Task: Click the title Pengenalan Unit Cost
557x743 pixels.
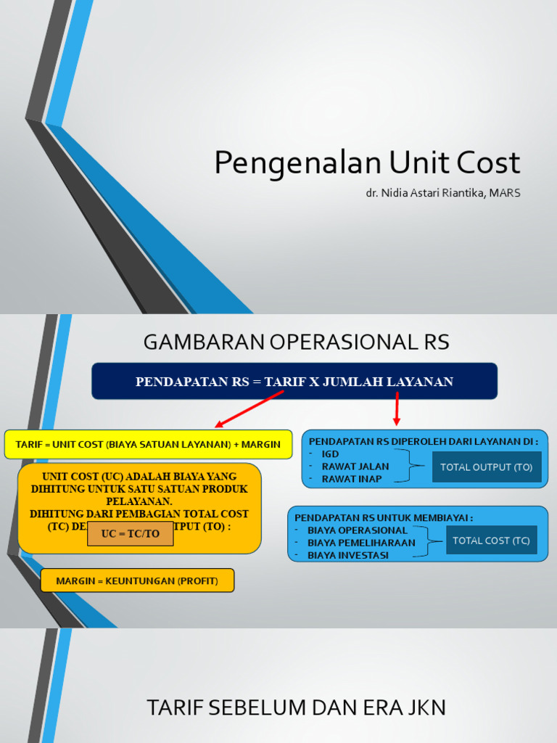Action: click(x=367, y=163)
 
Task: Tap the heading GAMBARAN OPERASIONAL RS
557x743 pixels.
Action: click(x=296, y=342)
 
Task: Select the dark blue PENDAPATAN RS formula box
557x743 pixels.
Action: click(x=294, y=382)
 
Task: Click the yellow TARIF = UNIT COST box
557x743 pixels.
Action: click(x=148, y=444)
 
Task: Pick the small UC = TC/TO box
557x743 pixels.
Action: click(x=130, y=533)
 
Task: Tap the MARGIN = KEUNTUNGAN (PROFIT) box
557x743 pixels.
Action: click(x=137, y=580)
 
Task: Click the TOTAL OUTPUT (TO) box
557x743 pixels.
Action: click(x=487, y=467)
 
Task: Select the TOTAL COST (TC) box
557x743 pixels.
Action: click(x=491, y=541)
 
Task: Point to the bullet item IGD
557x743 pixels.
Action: click(x=330, y=454)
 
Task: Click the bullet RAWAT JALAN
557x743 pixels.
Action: click(x=355, y=467)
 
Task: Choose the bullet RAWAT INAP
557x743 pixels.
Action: click(x=351, y=479)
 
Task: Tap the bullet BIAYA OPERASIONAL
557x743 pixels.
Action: click(x=357, y=530)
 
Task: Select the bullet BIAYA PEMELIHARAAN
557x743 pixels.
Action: click(x=361, y=543)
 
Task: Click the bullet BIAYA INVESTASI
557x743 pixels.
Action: click(x=347, y=555)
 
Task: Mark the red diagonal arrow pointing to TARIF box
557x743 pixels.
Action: click(x=249, y=409)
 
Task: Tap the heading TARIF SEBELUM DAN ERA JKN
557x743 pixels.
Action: click(x=296, y=707)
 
